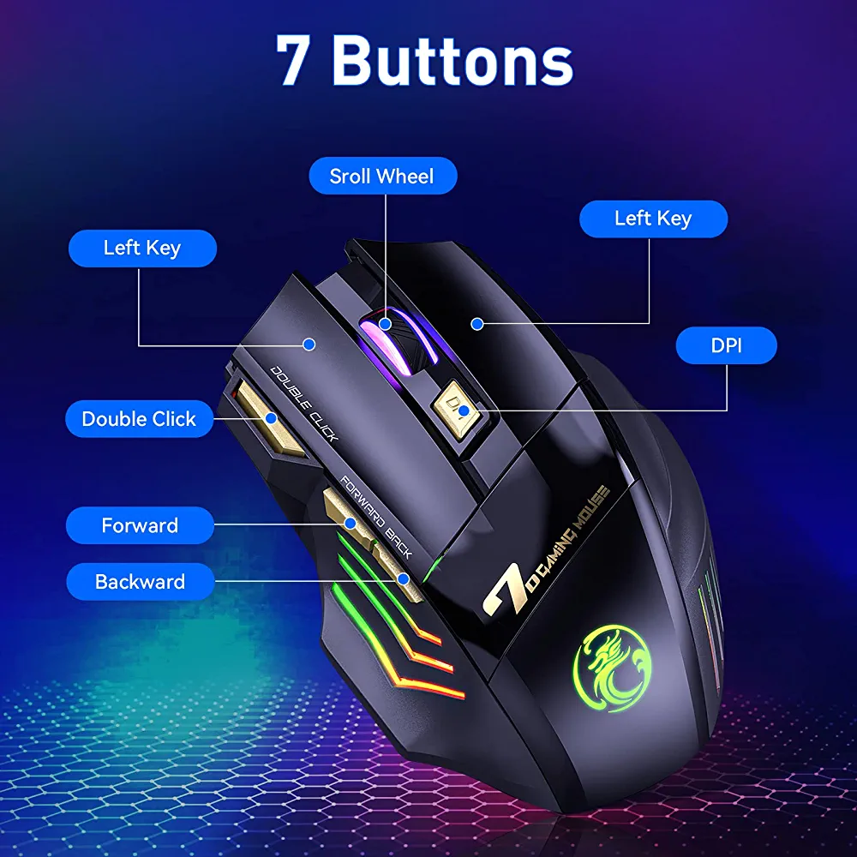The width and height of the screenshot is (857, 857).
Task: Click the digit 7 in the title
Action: coord(293,60)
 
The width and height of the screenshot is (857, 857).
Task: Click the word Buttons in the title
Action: coord(453,60)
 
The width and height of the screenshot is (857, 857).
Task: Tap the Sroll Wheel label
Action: coord(382,176)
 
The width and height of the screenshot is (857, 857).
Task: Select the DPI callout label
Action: coord(727,345)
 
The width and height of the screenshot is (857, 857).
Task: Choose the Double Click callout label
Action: coord(139,419)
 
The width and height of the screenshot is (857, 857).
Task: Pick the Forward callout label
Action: coord(140,525)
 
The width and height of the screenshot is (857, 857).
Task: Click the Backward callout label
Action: coord(140,582)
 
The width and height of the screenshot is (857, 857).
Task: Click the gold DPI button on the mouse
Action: coord(457,409)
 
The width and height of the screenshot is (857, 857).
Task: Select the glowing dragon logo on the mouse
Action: coord(613,668)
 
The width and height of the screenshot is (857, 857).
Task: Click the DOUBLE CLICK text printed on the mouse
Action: coord(304,404)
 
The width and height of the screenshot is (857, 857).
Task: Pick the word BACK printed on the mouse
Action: coord(399,542)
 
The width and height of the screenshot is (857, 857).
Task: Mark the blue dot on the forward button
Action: coord(351,524)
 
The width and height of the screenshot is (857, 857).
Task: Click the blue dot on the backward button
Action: coord(404,578)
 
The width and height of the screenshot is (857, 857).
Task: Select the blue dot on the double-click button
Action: coord(271,419)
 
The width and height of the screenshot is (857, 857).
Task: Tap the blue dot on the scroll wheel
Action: coord(386,324)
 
